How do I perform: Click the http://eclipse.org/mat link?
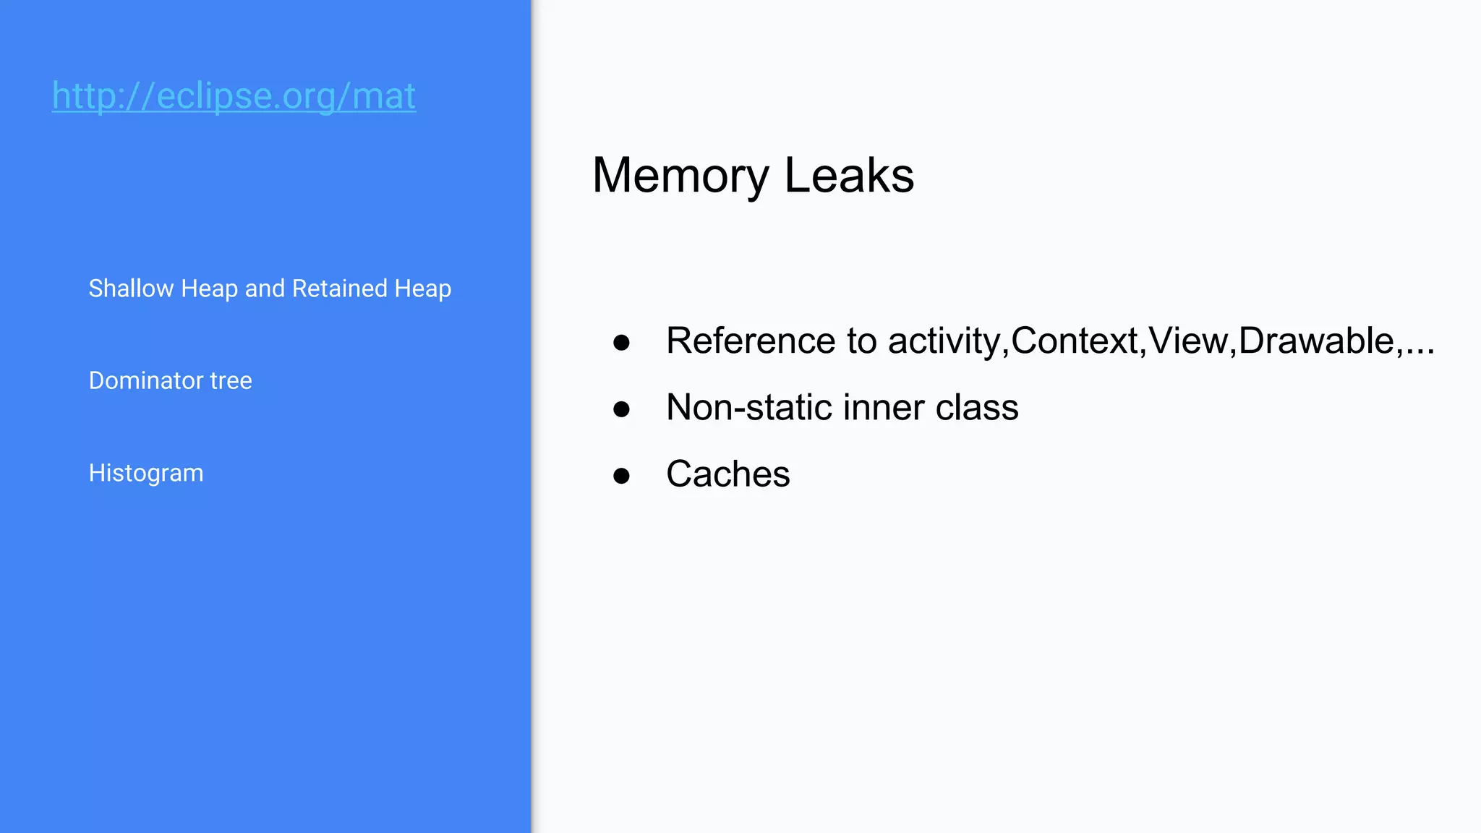point(234,96)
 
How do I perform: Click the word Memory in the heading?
point(680,176)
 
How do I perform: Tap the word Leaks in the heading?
point(849,176)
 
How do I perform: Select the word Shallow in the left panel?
point(131,289)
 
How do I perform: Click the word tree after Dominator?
point(231,380)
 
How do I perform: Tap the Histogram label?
point(146,473)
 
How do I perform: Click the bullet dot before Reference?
point(621,342)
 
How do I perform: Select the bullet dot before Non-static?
point(621,409)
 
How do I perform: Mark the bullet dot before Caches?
point(621,475)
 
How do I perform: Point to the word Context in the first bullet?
point(1075,341)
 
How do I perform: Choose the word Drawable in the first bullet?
point(1316,341)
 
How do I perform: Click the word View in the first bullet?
point(1187,341)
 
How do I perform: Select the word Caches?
point(727,474)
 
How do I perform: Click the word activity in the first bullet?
point(944,341)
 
